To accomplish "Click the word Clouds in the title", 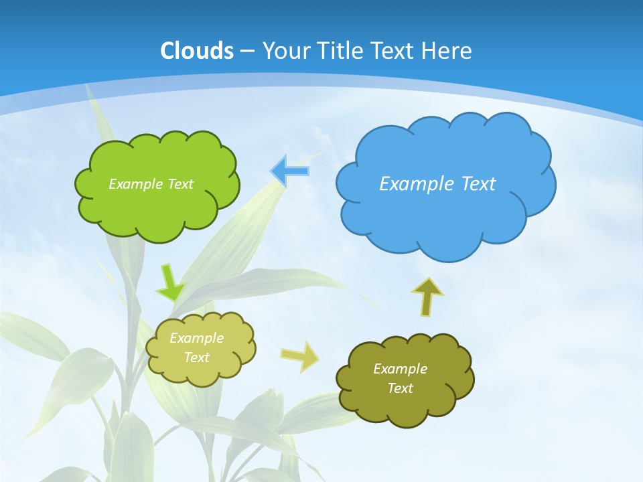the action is coord(197,51).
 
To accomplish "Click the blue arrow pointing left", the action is coord(290,171).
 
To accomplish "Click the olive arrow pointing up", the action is coord(427,297).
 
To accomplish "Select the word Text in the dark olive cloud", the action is coord(400,388).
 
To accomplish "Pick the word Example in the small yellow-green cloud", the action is coord(196,338).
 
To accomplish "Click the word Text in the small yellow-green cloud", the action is coord(196,357).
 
